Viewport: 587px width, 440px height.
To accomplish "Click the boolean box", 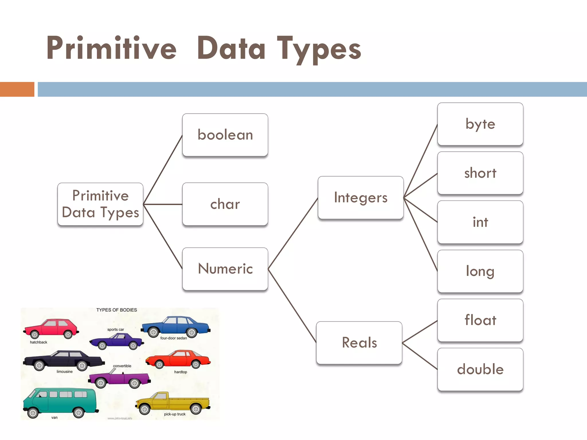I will tap(225, 135).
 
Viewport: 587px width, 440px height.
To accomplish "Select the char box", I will tap(225, 204).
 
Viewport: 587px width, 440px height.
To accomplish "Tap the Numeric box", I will tap(225, 269).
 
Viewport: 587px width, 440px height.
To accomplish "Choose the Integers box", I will tap(361, 198).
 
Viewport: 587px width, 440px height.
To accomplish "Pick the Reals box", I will tap(359, 343).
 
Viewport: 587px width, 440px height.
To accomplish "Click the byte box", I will tap(480, 124).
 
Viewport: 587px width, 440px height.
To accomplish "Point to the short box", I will tap(480, 173).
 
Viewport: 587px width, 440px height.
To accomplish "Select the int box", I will tap(480, 222).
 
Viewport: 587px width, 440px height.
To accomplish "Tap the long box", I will tap(480, 271).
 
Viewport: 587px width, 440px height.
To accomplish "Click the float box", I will tap(480, 320).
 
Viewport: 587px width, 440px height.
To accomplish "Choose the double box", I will tap(480, 369).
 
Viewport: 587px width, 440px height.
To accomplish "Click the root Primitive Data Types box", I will tap(100, 204).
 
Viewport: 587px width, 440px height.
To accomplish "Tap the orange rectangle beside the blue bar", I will tap(17, 89).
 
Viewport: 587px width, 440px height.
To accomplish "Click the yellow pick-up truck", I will tap(173, 402).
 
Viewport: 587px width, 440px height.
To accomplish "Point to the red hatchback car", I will tap(51, 329).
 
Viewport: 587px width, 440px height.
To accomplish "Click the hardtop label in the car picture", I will tap(181, 372).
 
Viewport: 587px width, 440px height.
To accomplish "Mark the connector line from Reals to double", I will tap(420, 356).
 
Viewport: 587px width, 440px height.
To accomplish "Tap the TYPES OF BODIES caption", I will tap(116, 310).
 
